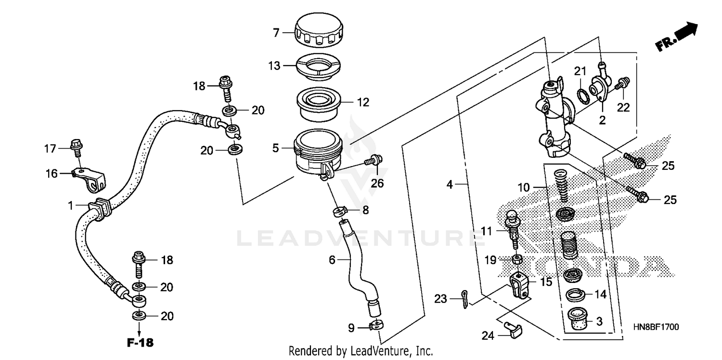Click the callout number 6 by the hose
coord(332,260)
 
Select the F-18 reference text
coord(140,344)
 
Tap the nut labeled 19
coord(516,259)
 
